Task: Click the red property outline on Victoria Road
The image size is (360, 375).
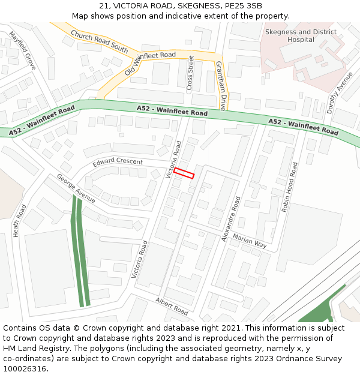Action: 184,173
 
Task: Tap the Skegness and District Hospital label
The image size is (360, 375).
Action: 301,35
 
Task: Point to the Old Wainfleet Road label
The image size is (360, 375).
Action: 150,62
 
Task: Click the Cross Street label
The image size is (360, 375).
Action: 191,73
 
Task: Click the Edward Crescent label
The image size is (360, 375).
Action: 118,163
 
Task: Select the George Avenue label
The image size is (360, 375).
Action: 76,188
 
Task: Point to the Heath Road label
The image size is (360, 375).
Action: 20,220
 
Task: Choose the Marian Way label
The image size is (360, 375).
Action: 250,241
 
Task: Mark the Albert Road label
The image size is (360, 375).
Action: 172,306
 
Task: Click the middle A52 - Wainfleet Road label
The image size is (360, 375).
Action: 172,110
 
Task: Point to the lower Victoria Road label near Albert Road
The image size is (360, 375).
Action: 139,259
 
